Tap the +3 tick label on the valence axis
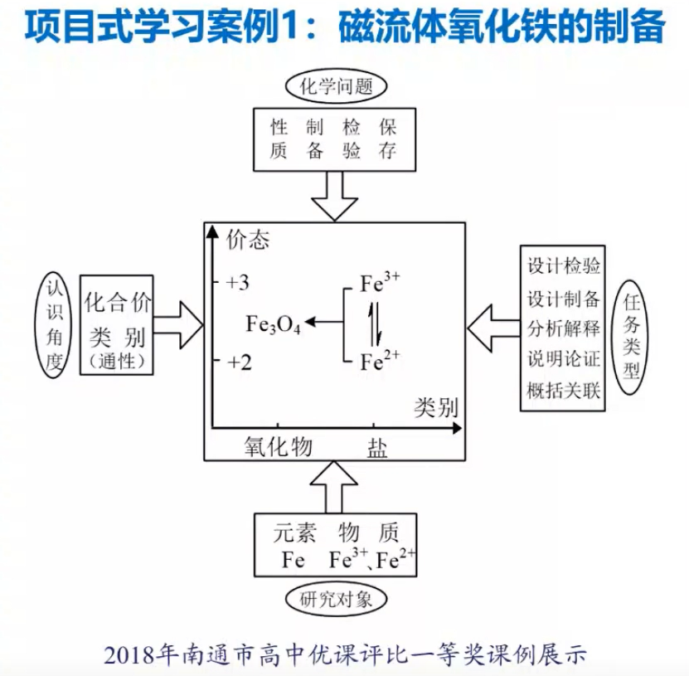(x=238, y=283)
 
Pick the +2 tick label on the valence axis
(x=238, y=362)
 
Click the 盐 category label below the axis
(x=376, y=447)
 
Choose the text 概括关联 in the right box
(x=564, y=390)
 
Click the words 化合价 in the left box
(x=119, y=303)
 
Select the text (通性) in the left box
(x=119, y=360)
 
